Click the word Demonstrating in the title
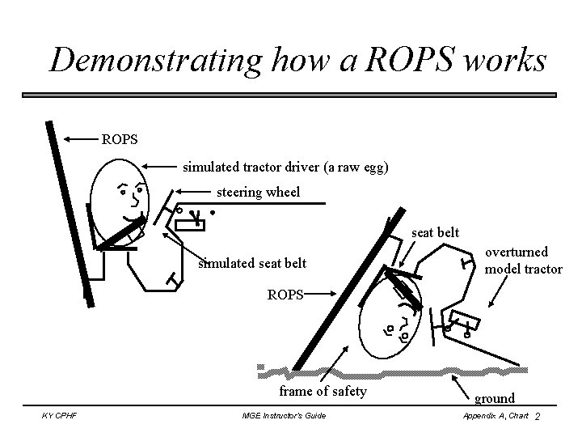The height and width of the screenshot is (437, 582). [153, 61]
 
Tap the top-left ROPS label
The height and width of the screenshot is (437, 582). [120, 139]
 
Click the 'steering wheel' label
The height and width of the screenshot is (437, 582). [258, 193]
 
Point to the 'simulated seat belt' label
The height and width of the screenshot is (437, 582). [251, 264]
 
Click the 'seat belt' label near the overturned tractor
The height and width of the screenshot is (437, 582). [436, 232]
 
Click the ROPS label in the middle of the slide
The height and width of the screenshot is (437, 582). [285, 295]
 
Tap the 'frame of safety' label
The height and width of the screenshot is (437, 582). [323, 392]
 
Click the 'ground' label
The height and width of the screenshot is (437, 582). [495, 398]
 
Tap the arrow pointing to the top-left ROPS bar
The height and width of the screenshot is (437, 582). [80, 139]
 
